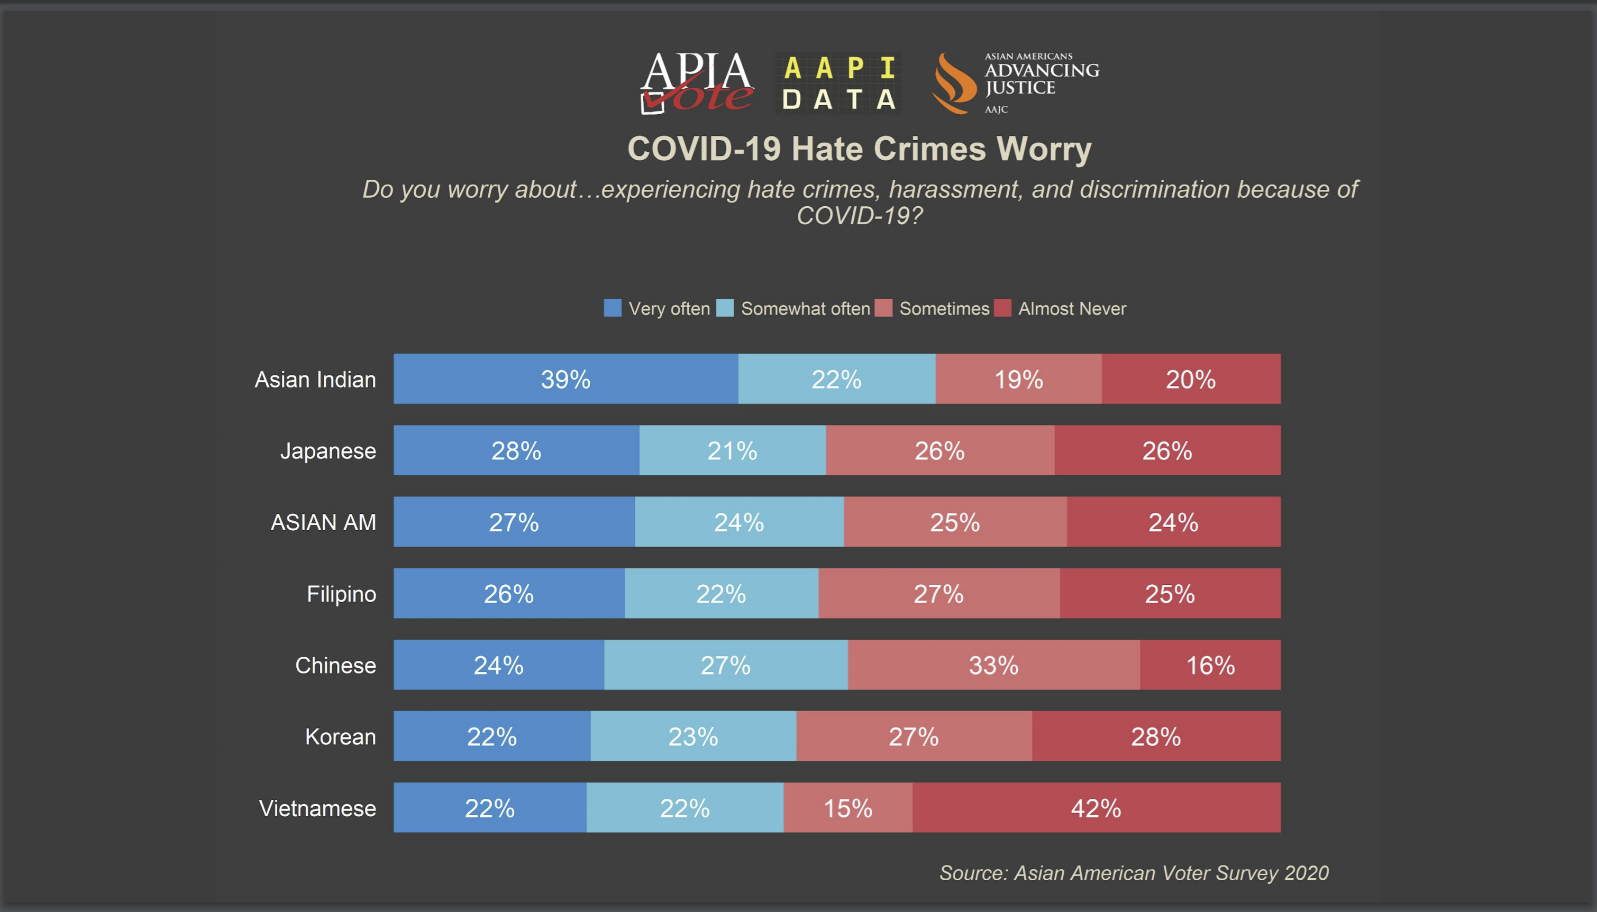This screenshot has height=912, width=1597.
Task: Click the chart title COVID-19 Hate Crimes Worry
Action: (860, 149)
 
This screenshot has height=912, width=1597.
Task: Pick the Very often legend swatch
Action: (612, 308)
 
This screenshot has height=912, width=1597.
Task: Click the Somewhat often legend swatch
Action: (725, 308)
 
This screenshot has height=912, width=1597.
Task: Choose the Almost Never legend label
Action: (1072, 309)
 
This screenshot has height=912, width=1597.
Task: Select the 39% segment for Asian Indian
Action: (566, 379)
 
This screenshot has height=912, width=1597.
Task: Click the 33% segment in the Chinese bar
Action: (993, 665)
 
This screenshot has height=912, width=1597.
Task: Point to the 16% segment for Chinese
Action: (1210, 665)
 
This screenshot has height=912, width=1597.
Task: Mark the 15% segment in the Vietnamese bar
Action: (847, 808)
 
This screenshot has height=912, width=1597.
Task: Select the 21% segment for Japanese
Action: (733, 451)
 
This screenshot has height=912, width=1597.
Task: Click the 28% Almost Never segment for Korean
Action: (1156, 736)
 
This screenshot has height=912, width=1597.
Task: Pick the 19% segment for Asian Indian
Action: (1019, 379)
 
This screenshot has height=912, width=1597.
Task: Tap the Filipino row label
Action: (341, 594)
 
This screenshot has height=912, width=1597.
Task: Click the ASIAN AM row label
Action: (323, 522)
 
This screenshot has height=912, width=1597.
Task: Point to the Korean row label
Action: (340, 736)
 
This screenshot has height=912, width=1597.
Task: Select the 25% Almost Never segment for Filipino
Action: (1170, 594)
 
